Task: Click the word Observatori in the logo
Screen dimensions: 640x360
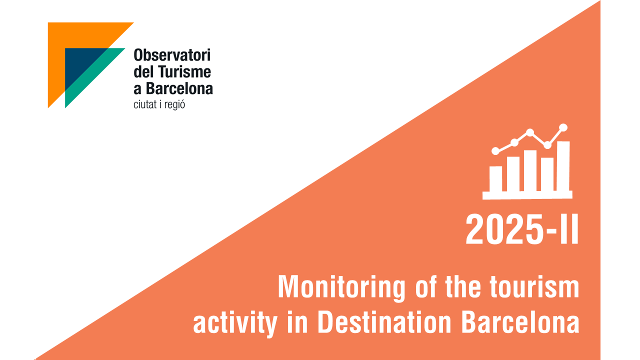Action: pyautogui.click(x=172, y=55)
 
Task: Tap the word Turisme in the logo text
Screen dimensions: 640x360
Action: pyautogui.click(x=184, y=71)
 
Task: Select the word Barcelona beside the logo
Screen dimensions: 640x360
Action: pyautogui.click(x=179, y=88)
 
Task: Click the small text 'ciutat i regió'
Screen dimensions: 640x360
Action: pyautogui.click(x=159, y=105)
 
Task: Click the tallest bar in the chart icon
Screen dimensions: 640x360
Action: pyautogui.click(x=563, y=166)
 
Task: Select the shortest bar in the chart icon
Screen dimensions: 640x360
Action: pyautogui.click(x=495, y=179)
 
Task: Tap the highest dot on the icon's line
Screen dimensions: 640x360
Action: pyautogui.click(x=563, y=127)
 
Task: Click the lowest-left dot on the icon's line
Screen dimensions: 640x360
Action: pyautogui.click(x=495, y=151)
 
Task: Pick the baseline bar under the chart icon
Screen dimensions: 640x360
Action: pyautogui.click(x=527, y=195)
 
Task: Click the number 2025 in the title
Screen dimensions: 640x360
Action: pyautogui.click(x=504, y=229)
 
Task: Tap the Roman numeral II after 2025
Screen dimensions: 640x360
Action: pyautogui.click(x=569, y=229)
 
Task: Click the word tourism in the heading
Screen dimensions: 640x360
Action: pyautogui.click(x=534, y=287)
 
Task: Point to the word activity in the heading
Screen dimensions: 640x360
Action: pyautogui.click(x=235, y=324)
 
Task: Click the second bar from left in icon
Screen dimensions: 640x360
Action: pyautogui.click(x=513, y=174)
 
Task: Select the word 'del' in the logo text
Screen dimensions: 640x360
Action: pyautogui.click(x=144, y=71)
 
